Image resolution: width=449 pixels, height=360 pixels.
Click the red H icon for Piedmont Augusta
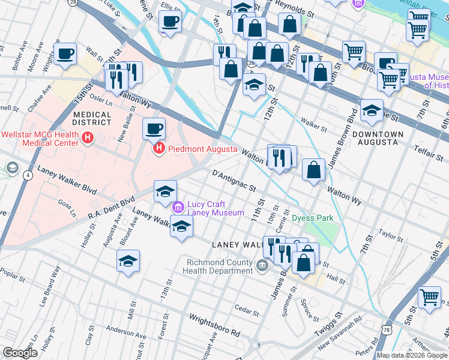tap(159, 148)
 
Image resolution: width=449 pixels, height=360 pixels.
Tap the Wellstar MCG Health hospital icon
tap(88, 139)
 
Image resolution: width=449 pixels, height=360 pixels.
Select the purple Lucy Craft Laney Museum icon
tap(178, 208)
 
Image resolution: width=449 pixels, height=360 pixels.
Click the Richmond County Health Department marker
tap(262, 266)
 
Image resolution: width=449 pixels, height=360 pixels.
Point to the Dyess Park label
tap(312, 218)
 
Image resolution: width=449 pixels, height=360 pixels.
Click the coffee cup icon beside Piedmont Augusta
tap(154, 128)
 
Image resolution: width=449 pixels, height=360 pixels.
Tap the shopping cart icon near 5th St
tap(429, 297)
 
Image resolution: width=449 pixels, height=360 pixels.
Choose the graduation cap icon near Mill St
tap(127, 261)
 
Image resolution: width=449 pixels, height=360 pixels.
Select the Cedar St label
tap(246, 310)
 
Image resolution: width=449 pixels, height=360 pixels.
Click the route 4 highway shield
tap(28, 175)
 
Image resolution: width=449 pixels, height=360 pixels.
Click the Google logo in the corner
tap(20, 353)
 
